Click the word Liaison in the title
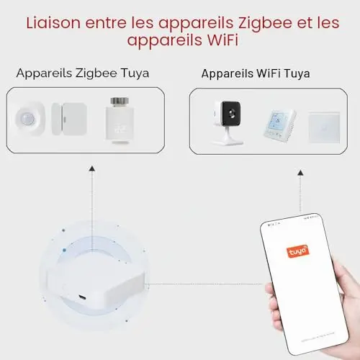(x=53, y=23)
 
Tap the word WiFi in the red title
(x=223, y=40)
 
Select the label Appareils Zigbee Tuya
(x=83, y=73)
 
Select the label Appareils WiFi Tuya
(x=256, y=73)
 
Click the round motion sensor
(x=30, y=119)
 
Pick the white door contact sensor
(x=69, y=119)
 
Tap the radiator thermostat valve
(x=120, y=120)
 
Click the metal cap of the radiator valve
(x=120, y=102)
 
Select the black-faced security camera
(x=228, y=123)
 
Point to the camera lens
(x=232, y=113)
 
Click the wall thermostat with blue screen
(x=280, y=127)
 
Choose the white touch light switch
(x=324, y=127)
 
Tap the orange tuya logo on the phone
(x=298, y=251)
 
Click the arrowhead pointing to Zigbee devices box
(x=92, y=168)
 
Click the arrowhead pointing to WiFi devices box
(x=300, y=173)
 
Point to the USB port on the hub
(x=82, y=297)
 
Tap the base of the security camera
(x=228, y=142)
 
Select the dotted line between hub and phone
(x=206, y=284)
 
